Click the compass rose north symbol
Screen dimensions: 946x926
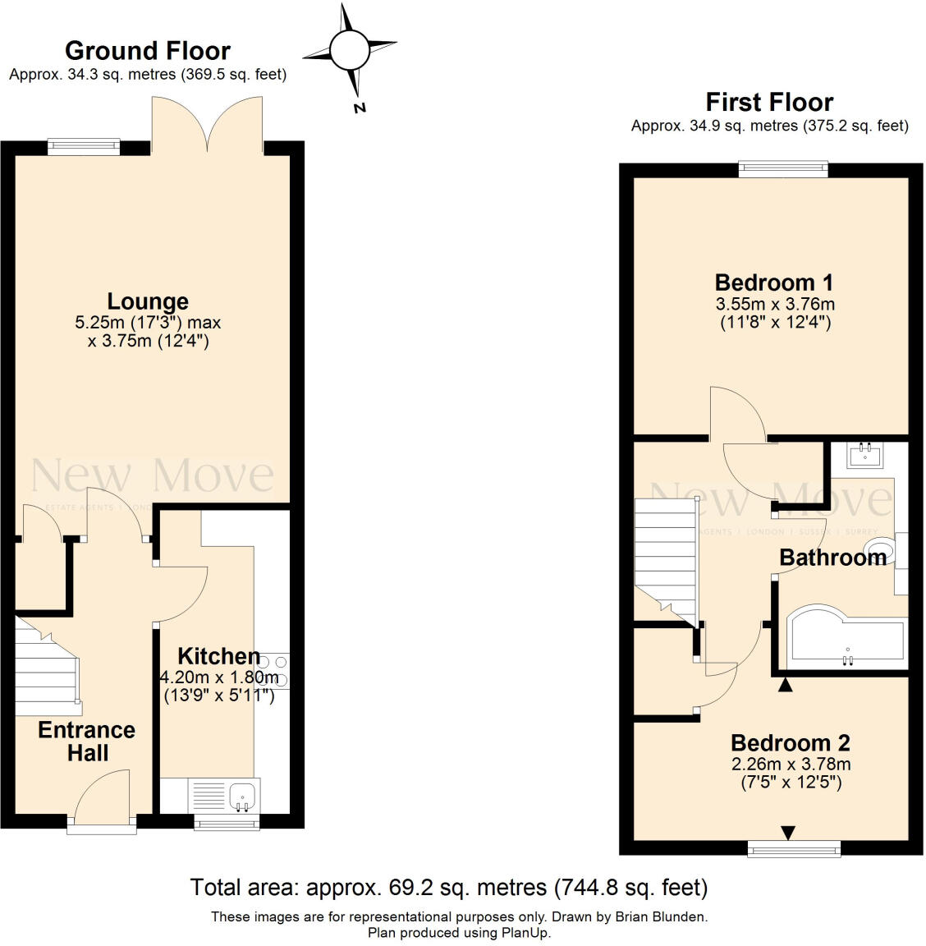pyautogui.click(x=351, y=51)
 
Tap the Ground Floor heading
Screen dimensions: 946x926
pyautogui.click(x=148, y=51)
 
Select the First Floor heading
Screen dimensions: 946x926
pyautogui.click(x=769, y=103)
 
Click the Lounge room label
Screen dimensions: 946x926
pyautogui.click(x=148, y=301)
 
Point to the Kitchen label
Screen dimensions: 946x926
pyautogui.click(x=219, y=656)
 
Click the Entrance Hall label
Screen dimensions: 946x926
pyautogui.click(x=87, y=741)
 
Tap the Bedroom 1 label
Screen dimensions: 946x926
pyautogui.click(x=773, y=282)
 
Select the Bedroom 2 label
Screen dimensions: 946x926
pyautogui.click(x=790, y=743)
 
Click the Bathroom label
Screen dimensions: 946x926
pyautogui.click(x=832, y=558)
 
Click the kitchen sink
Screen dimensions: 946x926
pyautogui.click(x=243, y=795)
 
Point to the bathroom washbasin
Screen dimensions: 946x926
pyautogui.click(x=864, y=454)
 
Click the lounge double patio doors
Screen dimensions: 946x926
pyautogui.click(x=207, y=123)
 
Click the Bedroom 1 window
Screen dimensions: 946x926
pyautogui.click(x=783, y=170)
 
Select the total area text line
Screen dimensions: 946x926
pyautogui.click(x=448, y=887)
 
